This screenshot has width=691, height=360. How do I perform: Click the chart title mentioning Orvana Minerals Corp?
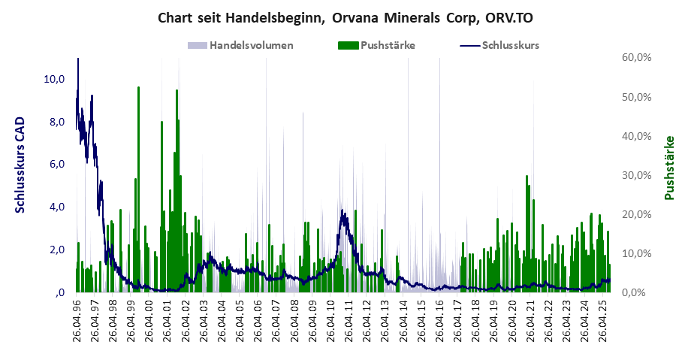coord(345,17)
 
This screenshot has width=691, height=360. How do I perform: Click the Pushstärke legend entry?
coord(388,45)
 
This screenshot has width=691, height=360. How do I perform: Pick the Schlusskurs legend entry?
coord(510,45)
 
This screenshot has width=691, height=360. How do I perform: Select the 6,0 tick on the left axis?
coord(57,164)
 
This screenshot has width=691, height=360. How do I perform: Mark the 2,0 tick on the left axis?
coord(57,250)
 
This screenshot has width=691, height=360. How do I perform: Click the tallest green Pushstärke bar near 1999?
coord(138,150)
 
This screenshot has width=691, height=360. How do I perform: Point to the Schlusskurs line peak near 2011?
coord(342,211)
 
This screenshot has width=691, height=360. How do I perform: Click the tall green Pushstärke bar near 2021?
coord(527,225)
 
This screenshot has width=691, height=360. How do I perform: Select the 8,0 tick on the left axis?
coord(57,122)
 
